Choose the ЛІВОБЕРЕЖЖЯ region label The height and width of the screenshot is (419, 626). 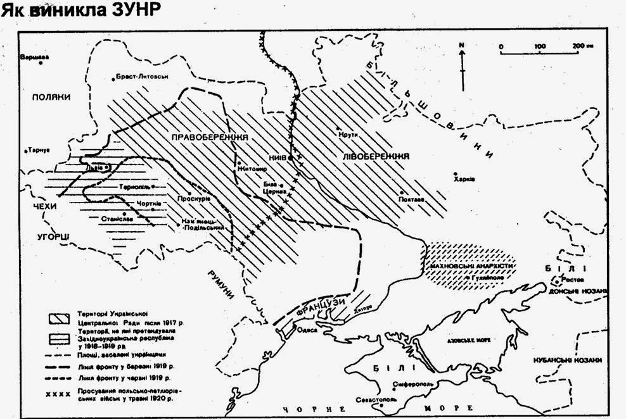pos(374,155)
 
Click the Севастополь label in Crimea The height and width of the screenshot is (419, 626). pos(380,400)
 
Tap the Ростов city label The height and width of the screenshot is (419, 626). pos(573,279)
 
